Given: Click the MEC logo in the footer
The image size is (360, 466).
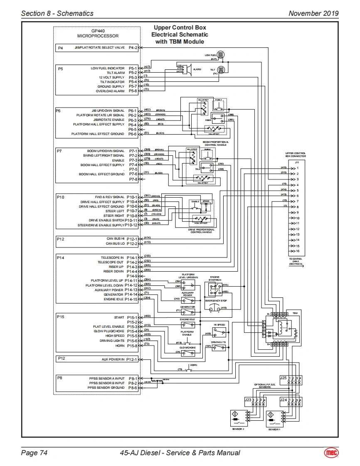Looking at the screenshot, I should click(x=331, y=453).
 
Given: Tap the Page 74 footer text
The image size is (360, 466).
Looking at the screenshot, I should click(x=34, y=453).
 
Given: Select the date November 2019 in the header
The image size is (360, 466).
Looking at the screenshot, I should click(x=313, y=13).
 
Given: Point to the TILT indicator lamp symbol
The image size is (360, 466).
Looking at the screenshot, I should click(x=221, y=70).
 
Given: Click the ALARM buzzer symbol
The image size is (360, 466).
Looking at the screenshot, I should click(x=187, y=69).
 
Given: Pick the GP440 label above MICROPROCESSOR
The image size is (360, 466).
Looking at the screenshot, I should click(x=98, y=31).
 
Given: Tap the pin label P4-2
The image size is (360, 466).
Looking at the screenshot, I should click(x=133, y=48).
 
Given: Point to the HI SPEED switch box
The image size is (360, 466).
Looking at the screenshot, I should click(x=219, y=332).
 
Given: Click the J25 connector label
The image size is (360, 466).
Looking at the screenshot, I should click(x=283, y=378).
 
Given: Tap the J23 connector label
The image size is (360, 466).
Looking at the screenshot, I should click(x=248, y=400).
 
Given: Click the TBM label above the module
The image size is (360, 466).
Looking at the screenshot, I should click(x=295, y=312).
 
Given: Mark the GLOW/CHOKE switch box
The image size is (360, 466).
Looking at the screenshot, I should click(x=188, y=353).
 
